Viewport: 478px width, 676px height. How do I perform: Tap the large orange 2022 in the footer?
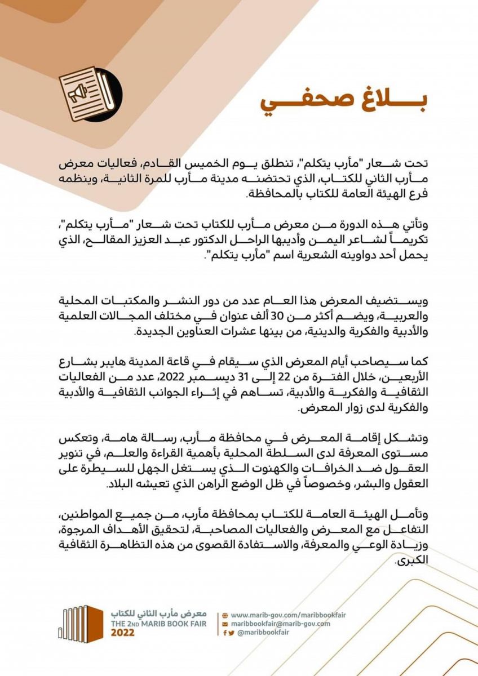(123, 633)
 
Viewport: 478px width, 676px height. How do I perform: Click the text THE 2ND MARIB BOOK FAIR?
(159, 624)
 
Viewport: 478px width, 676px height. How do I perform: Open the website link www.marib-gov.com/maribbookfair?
(280, 615)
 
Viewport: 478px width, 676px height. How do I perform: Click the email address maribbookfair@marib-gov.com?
(280, 624)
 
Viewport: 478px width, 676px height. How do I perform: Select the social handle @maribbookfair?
(263, 633)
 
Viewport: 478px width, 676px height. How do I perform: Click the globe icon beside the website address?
(225, 615)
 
